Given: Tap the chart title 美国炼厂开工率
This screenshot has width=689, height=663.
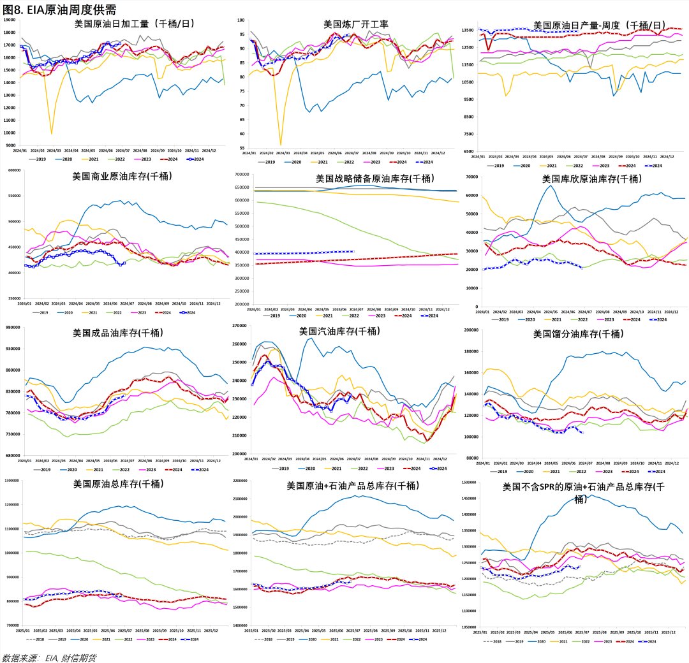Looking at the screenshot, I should [355, 24].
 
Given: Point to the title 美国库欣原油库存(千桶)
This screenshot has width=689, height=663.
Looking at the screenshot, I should [591, 178].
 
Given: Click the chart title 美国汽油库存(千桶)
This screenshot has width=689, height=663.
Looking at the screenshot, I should [339, 331].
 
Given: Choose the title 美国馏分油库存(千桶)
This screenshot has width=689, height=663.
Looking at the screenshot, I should [577, 334].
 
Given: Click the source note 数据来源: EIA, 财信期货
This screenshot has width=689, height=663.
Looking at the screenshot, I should [50, 657].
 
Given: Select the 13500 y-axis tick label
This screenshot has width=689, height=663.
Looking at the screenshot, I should [468, 30].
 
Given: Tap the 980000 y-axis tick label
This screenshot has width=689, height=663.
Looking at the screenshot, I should [12, 328].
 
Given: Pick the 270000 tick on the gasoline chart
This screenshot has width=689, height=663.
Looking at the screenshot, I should [240, 326].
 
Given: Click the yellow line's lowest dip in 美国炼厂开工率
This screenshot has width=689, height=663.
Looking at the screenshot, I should [281, 144].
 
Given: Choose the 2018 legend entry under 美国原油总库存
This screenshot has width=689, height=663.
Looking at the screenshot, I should [38, 639].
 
